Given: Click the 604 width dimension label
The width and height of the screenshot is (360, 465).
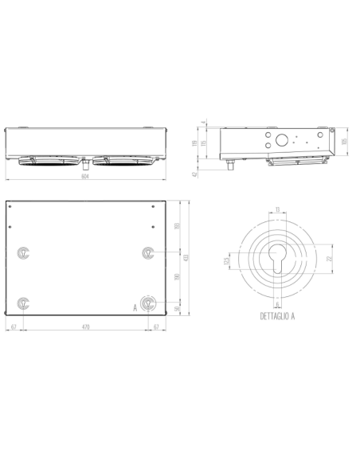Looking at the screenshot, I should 84,178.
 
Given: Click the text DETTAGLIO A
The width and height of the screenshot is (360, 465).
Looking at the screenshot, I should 276,316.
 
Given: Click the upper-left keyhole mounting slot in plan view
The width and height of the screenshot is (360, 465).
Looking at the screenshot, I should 24,253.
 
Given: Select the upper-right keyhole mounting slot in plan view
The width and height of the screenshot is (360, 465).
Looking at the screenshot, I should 148,253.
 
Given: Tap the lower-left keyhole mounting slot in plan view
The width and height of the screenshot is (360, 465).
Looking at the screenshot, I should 24,303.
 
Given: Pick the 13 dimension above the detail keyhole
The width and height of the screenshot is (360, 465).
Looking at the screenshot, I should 276,209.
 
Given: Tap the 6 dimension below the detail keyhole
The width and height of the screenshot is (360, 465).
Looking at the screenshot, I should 276,303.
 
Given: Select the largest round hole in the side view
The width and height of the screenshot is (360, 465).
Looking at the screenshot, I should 282,139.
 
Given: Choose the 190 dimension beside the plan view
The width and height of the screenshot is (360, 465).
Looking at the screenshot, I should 177,277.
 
